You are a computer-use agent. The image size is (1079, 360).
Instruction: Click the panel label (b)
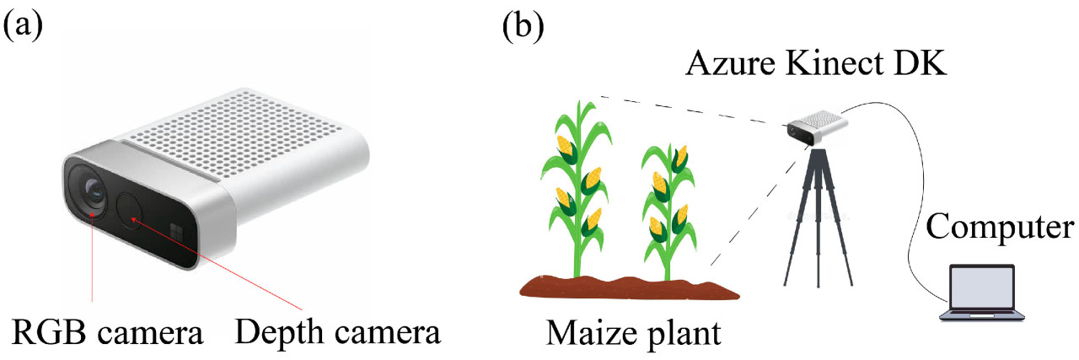[523, 28]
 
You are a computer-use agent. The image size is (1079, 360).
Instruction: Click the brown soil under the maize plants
[628, 287]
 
